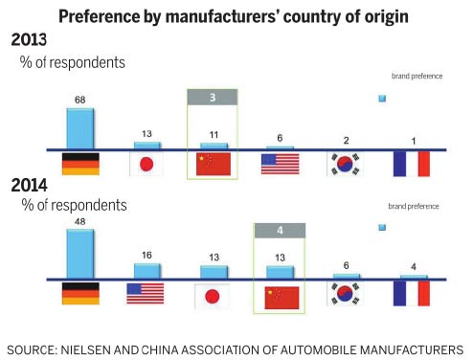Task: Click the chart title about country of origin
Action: (236, 15)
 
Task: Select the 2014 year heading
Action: (30, 185)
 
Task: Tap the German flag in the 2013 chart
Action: (79, 164)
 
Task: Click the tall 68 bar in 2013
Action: (79, 128)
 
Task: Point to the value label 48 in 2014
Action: (79, 220)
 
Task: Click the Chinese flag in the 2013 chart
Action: (213, 164)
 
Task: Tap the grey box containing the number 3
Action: (213, 97)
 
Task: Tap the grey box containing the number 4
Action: (280, 230)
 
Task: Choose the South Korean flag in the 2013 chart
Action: (346, 164)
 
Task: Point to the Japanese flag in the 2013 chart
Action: (146, 164)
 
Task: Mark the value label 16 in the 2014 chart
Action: (146, 256)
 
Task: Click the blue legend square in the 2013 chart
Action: (382, 98)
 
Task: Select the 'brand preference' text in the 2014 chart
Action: (415, 206)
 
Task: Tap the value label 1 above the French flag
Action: (413, 142)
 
